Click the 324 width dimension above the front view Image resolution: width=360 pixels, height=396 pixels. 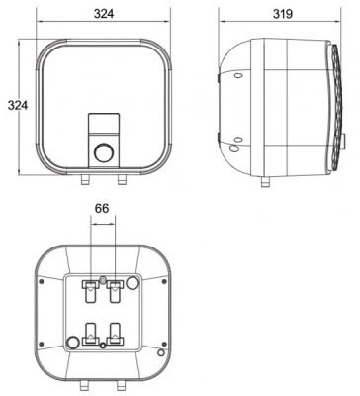tap(104, 14)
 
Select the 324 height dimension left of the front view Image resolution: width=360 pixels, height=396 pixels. tap(18, 105)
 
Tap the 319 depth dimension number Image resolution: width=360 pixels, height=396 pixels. tap(283, 14)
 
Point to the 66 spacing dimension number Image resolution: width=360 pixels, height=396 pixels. tap(102, 209)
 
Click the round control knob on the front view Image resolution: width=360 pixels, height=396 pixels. tap(104, 152)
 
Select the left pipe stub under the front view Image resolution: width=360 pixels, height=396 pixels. tap(85, 180)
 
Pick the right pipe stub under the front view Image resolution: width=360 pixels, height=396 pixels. tap(122, 180)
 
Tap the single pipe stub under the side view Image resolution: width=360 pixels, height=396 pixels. tap(265, 181)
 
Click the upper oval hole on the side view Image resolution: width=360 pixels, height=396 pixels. tap(237, 76)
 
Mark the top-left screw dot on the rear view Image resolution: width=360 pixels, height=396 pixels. tap(42, 281)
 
